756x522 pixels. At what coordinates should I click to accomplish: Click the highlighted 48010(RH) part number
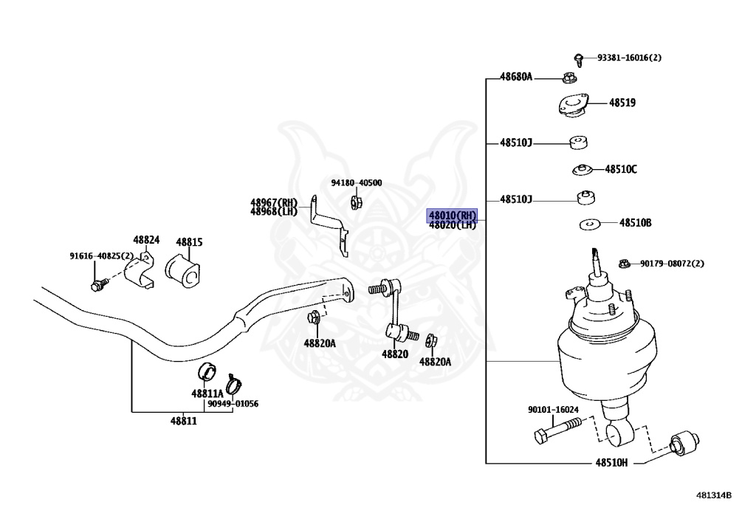coord(453,215)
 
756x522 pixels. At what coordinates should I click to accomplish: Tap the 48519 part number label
coord(622,103)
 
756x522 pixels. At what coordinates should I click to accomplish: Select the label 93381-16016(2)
coord(629,58)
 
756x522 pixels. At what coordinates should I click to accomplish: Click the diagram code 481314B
coord(712,495)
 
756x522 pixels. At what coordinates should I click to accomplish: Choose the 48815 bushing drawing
coord(183,271)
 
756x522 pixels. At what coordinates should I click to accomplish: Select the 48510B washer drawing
coord(589,224)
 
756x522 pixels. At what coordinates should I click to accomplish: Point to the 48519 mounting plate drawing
coord(571,106)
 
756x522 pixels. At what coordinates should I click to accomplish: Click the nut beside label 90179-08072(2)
coord(623,264)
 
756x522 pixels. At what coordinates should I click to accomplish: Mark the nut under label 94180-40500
coord(355,201)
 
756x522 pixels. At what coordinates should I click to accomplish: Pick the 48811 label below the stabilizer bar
coord(184,421)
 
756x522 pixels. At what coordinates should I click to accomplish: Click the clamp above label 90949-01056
coord(235,383)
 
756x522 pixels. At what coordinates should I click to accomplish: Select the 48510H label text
coord(611,463)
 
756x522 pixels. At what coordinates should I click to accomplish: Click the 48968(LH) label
coord(273,211)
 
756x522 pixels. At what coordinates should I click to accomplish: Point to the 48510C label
coord(621,169)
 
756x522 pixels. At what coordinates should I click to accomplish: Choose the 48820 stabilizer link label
coord(395,354)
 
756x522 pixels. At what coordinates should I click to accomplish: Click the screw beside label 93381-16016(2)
coord(580,58)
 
